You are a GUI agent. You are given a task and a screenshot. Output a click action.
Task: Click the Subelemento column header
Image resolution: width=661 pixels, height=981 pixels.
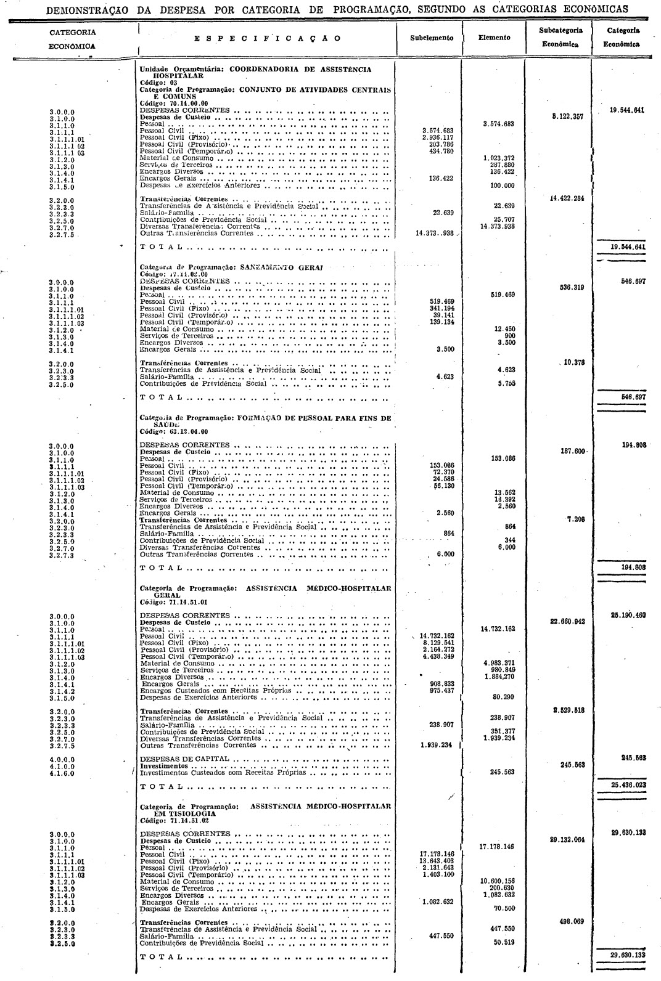pyautogui.click(x=431, y=38)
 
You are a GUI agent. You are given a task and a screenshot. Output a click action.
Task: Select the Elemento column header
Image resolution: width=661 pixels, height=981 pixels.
pyautogui.click(x=494, y=38)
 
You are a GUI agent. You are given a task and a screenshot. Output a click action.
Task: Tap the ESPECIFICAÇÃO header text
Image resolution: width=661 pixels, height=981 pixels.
pyautogui.click(x=266, y=38)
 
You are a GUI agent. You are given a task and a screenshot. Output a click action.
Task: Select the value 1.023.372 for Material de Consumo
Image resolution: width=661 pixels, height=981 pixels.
pyautogui.click(x=499, y=158)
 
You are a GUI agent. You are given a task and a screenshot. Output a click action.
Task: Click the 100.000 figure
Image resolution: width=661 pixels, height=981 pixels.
pyautogui.click(x=502, y=185)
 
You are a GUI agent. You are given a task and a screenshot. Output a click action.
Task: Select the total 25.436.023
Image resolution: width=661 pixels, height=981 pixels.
pyautogui.click(x=625, y=786)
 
